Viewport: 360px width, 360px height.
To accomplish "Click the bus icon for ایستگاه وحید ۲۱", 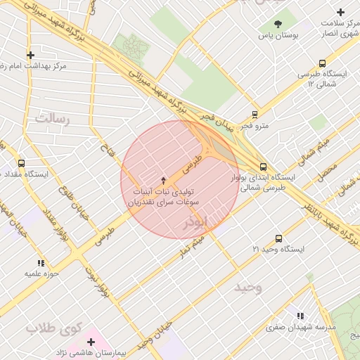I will pos(278,239).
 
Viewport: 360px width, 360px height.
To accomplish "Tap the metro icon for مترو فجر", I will pos(255,113).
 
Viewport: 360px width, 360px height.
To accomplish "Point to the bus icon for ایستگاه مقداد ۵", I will pos(21,163).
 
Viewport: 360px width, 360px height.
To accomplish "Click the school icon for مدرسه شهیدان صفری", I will pos(300,316).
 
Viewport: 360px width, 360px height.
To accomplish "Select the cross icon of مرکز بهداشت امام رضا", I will pos(30,55).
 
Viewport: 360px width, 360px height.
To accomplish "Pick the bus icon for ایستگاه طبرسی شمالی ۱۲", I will pos(322,63).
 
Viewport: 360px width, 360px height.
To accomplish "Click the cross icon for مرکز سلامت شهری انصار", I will pos(341,12).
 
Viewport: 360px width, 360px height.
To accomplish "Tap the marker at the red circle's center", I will pos(164,180).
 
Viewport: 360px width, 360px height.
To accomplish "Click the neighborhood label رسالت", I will pos(53,117).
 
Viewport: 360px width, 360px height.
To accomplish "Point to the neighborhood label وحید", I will pos(247,288).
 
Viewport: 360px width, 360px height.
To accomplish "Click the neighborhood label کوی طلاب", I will pos(54,328).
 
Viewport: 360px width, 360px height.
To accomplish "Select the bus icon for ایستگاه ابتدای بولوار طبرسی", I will pos(263,167).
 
